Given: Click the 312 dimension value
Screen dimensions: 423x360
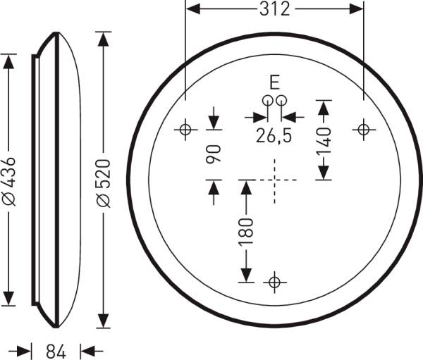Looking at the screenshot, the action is click(x=275, y=9).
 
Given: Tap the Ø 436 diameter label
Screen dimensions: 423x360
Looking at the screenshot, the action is click(x=9, y=181).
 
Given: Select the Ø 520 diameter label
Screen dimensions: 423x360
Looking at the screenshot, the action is click(x=104, y=184).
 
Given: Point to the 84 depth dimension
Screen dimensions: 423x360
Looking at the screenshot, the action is click(x=56, y=352).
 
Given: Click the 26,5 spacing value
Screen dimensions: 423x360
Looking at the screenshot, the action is click(x=274, y=135).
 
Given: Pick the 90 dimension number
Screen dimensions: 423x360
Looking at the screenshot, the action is click(x=214, y=154).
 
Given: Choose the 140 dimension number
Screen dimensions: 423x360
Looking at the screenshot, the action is click(x=324, y=142).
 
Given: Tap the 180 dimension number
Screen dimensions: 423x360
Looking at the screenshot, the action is click(x=246, y=232).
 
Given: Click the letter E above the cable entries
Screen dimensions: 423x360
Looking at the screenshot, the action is click(x=274, y=82).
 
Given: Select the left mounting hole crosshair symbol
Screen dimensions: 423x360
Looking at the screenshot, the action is click(x=185, y=130).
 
